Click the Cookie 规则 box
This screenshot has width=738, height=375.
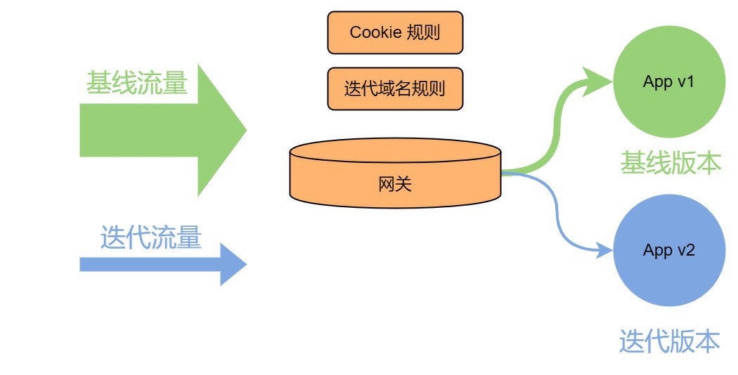(x=395, y=32)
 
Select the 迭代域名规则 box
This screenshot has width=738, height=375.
(x=395, y=88)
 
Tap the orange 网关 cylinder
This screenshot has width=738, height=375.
(x=395, y=179)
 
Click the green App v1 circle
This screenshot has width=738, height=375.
(x=668, y=81)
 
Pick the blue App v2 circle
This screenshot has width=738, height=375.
(x=668, y=250)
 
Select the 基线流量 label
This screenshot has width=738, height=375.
(x=137, y=84)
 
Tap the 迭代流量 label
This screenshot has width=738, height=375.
(x=150, y=237)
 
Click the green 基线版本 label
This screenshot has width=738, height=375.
(x=670, y=162)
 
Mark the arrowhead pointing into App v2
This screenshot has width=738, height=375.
(x=604, y=249)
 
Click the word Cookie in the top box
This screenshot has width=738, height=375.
(x=375, y=32)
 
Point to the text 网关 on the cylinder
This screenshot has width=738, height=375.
(x=395, y=185)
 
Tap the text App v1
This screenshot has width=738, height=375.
(x=668, y=81)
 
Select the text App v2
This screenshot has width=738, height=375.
(x=668, y=250)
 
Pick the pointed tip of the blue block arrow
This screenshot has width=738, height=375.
(x=245, y=264)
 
